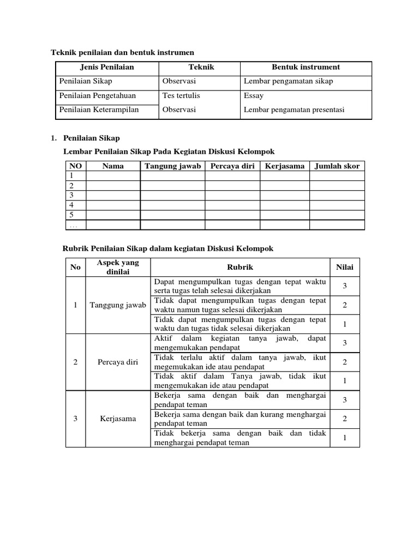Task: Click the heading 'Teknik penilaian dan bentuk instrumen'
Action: pyautogui.click(x=122, y=52)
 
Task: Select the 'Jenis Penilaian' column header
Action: pyautogui.click(x=107, y=67)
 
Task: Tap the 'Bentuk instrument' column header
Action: pyautogui.click(x=306, y=67)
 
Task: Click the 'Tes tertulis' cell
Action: pyautogui.click(x=181, y=95)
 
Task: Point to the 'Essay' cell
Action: pyautogui.click(x=254, y=95)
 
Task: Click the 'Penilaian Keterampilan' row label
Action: pyautogui.click(x=99, y=110)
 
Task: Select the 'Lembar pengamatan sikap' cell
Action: pyautogui.click(x=288, y=81)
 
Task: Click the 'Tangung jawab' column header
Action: pyautogui.click(x=172, y=166)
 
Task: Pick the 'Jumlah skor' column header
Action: pyautogui.click(x=337, y=166)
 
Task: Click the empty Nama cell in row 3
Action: pyautogui.click(x=113, y=195)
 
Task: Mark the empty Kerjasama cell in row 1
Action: pyautogui.click(x=284, y=176)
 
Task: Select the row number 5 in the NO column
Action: pyautogui.click(x=71, y=215)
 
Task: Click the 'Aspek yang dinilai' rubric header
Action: pyautogui.click(x=117, y=267)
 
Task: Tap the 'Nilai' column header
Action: pyautogui.click(x=344, y=267)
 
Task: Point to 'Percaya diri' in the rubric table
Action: pyautogui.click(x=117, y=362)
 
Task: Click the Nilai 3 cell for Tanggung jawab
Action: pyautogui.click(x=344, y=286)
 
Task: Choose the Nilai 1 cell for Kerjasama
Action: pyautogui.click(x=344, y=438)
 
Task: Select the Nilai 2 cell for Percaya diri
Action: pyautogui.click(x=344, y=362)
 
